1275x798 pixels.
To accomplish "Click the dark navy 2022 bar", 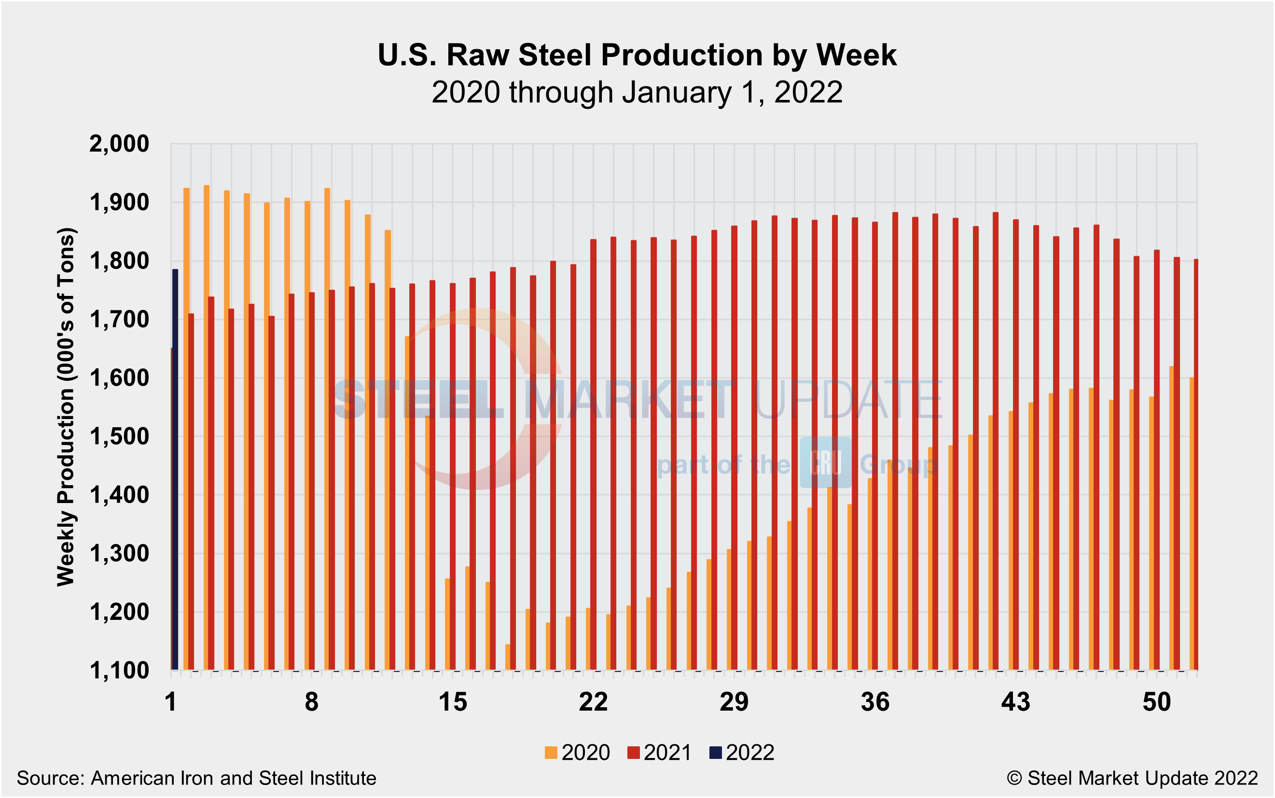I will [175, 470].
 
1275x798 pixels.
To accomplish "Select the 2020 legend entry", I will [577, 753].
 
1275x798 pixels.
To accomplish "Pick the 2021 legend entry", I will [659, 753].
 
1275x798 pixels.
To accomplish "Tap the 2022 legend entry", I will [742, 753].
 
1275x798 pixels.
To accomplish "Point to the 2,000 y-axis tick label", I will [119, 144].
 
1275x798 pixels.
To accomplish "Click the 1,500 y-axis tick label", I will [119, 437].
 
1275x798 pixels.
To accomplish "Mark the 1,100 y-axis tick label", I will [119, 672].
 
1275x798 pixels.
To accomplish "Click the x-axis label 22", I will [594, 702].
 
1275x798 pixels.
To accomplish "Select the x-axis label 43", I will [1015, 702].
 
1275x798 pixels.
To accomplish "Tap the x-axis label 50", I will [1157, 702].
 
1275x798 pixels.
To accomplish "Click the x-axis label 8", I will [312, 702].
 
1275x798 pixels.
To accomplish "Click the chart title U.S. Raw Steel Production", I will [637, 55].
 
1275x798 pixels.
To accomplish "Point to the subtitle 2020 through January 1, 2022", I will [637, 93].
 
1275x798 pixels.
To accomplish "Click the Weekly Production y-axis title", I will [67, 406].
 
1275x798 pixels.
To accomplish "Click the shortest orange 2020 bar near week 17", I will [508, 657].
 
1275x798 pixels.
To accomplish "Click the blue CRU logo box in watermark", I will [825, 462].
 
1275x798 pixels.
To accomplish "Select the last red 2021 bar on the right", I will [1195, 464].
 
